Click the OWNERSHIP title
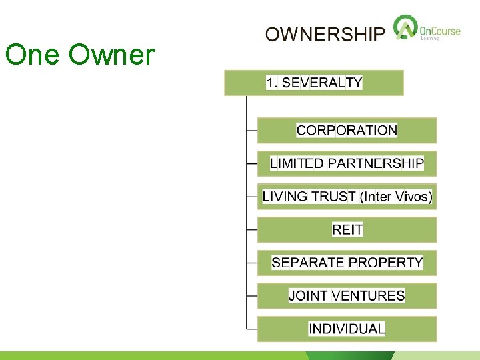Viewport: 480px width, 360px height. tap(325, 34)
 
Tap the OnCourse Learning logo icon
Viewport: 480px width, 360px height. tap(404, 29)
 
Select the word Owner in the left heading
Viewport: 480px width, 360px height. tap(111, 55)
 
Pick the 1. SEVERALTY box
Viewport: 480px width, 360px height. tap(314, 83)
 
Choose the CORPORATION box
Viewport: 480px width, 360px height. tap(347, 131)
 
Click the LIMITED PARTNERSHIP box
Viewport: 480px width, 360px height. tap(347, 163)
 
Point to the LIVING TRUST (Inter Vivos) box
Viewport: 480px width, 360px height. tap(347, 197)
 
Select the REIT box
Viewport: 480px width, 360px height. tap(347, 230)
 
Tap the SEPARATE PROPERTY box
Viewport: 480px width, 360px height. tap(347, 263)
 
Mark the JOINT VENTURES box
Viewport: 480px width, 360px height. tap(347, 295)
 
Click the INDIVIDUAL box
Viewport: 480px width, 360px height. tap(347, 329)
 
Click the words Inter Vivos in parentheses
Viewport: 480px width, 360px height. tap(396, 197)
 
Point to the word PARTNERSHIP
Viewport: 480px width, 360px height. tap(383, 163)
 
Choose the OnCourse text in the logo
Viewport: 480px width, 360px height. tap(441, 30)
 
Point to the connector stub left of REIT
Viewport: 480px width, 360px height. tap(252, 230)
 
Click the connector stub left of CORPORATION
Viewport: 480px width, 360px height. tap(252, 131)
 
